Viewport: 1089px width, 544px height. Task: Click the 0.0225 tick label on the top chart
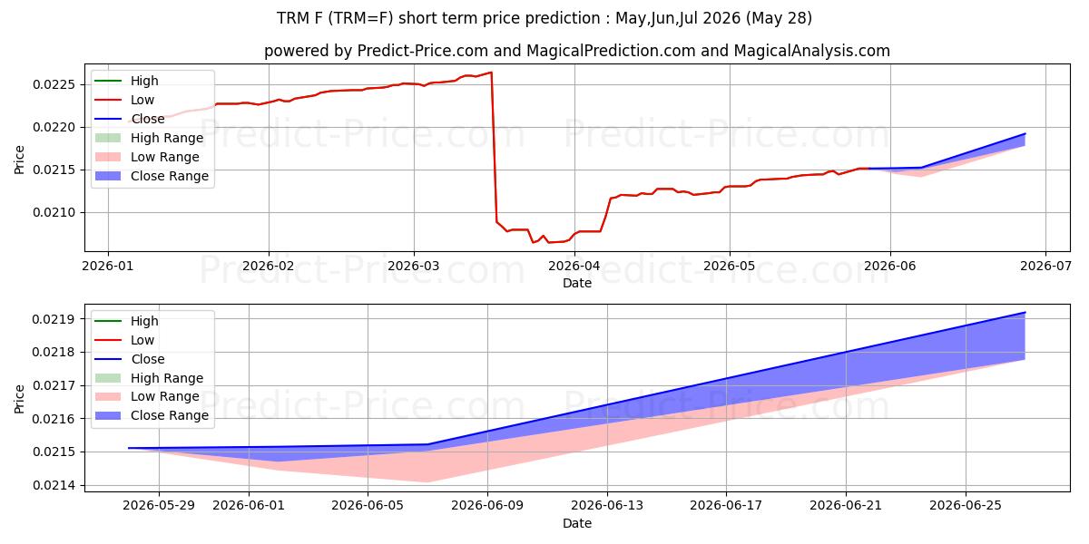[54, 85]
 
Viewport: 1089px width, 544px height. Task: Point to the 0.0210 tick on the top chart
[54, 213]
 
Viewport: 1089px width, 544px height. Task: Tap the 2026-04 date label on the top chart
[574, 267]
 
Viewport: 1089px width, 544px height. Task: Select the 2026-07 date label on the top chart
[1045, 267]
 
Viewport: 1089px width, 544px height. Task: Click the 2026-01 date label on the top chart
[107, 267]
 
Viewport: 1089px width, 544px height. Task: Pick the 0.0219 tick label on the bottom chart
[54, 319]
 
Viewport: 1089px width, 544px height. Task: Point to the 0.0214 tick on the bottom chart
[54, 486]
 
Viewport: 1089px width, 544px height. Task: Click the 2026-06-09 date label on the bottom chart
[487, 506]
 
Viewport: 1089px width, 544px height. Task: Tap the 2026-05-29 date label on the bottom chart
[159, 506]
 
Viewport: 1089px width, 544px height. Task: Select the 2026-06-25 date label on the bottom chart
[966, 506]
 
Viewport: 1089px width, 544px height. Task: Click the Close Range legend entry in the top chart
[152, 176]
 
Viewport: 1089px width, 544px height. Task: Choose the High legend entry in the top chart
[126, 81]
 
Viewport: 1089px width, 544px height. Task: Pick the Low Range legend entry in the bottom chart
[147, 397]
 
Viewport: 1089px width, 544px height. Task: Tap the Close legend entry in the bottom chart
[129, 359]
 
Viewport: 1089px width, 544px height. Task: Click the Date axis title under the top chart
[577, 283]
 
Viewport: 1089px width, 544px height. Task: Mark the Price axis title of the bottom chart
[19, 399]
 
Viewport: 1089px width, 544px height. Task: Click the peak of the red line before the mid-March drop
[492, 73]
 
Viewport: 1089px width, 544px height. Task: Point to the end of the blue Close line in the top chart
[1025, 133]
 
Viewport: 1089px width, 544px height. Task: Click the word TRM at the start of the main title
[293, 18]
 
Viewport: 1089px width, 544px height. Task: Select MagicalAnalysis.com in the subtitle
[812, 51]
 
